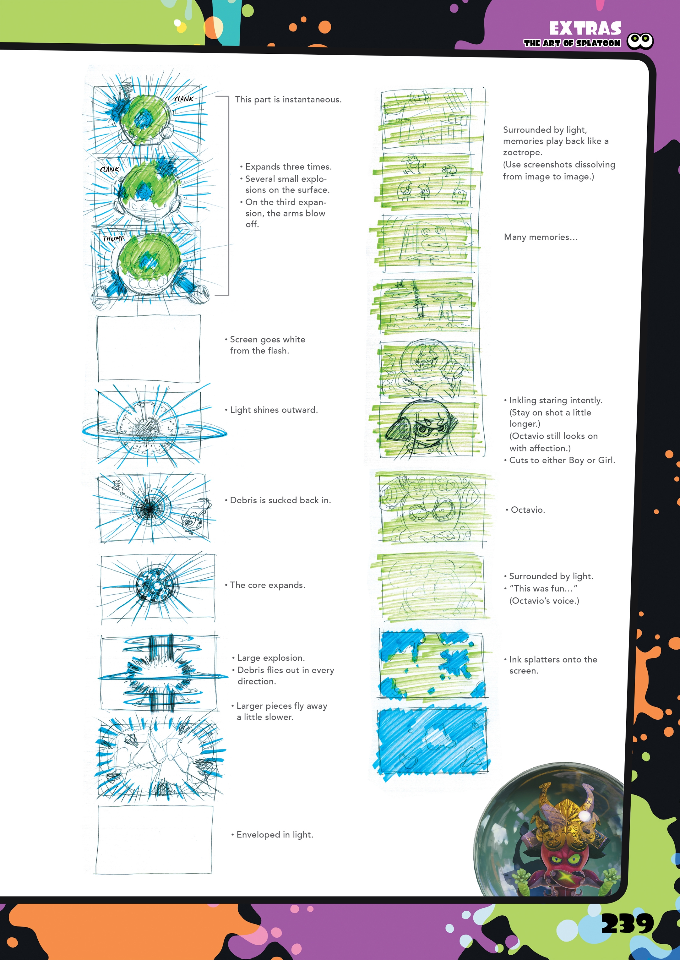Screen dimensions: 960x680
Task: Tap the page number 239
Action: click(627, 924)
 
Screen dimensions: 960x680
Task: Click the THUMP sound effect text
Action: click(113, 239)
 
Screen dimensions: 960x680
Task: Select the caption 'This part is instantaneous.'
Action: click(288, 100)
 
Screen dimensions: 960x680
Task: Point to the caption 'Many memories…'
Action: click(541, 237)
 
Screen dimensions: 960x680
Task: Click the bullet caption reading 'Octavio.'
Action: click(528, 510)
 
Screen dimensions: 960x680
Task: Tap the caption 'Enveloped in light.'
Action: click(275, 835)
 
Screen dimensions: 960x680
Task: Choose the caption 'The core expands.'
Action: click(267, 585)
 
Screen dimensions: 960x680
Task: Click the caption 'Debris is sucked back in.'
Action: click(280, 500)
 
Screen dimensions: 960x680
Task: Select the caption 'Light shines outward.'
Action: click(274, 410)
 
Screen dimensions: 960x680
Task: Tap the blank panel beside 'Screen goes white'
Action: click(149, 348)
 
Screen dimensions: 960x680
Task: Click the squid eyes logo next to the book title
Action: click(640, 41)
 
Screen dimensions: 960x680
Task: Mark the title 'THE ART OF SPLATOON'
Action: click(572, 43)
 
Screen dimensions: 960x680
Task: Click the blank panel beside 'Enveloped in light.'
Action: click(154, 839)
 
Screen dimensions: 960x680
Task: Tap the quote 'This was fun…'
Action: click(543, 589)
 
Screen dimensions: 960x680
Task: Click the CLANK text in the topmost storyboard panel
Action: click(184, 99)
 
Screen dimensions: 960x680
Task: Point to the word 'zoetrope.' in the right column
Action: click(523, 152)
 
